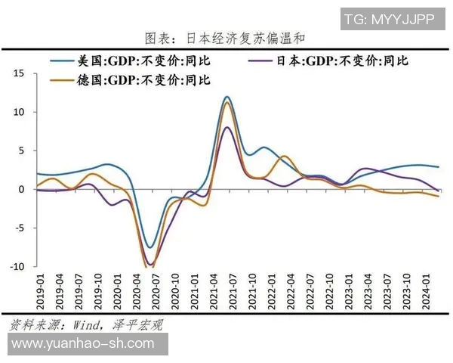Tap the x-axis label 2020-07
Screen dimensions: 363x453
156,290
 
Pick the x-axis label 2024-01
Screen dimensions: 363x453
426,290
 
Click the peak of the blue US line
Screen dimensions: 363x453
226,97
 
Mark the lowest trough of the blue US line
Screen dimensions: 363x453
150,247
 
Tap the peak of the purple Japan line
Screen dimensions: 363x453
227,127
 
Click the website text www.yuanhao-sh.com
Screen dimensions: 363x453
83,344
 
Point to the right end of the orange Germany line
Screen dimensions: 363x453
439,196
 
